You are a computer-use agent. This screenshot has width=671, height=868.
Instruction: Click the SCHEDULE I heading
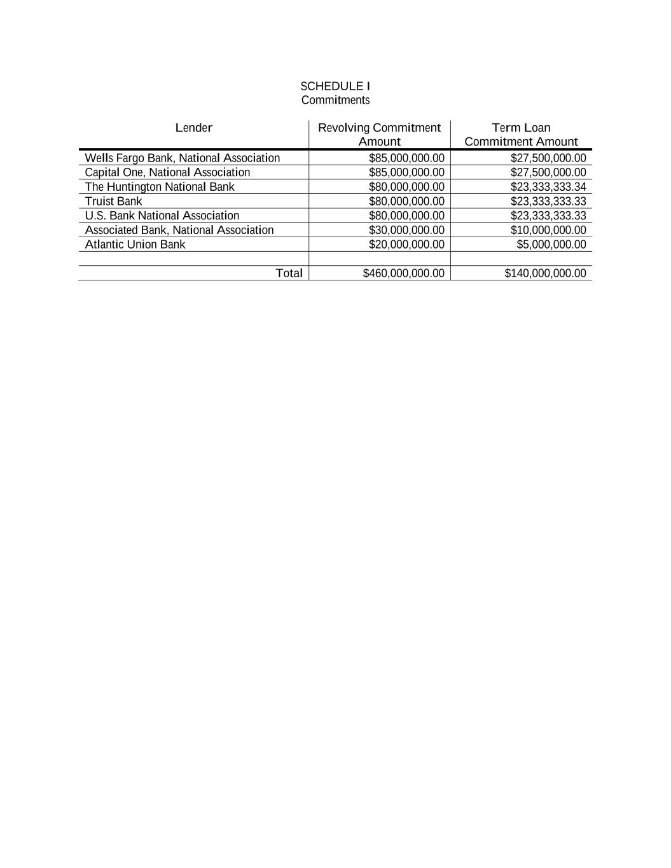335,86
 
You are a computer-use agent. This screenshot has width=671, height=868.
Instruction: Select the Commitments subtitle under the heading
335,100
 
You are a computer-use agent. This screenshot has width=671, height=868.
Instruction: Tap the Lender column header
193,128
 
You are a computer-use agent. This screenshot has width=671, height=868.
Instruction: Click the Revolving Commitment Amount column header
379,134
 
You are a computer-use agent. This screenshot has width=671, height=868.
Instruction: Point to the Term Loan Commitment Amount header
521,134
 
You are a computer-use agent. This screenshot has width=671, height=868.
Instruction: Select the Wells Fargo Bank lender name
182,158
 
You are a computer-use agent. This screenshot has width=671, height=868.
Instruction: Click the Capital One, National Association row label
167,172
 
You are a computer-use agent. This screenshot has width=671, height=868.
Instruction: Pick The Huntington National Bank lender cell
159,187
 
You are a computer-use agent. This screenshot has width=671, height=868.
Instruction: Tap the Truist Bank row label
113,201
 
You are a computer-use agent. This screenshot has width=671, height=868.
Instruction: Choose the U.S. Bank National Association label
162,216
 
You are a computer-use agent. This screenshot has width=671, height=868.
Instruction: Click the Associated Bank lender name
179,230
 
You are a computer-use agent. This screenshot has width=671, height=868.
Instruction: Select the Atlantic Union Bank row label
135,244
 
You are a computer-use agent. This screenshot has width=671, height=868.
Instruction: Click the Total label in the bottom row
289,273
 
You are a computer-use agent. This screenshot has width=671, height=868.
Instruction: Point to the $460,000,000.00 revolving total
403,273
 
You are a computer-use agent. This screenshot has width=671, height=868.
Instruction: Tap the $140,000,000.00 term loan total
545,273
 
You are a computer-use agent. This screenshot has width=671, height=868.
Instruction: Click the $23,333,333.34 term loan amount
548,187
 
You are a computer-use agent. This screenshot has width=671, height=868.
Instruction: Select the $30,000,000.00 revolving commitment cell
406,230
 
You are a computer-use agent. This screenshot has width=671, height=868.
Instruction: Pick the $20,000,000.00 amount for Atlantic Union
406,244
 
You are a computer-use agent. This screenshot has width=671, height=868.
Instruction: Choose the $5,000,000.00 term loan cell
551,244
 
